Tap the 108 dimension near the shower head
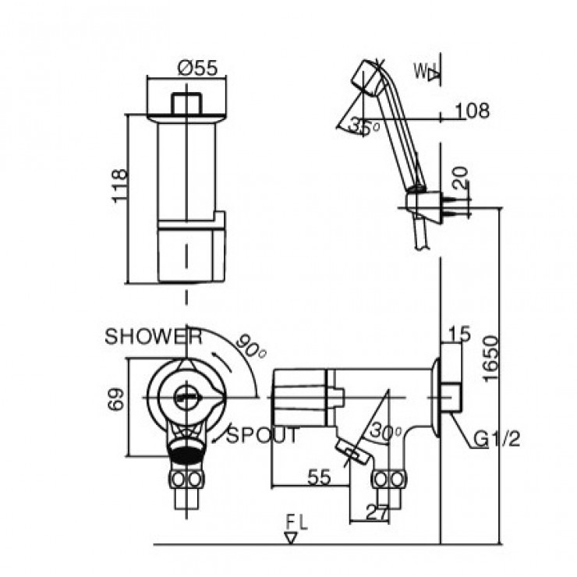click(x=473, y=112)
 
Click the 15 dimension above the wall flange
click(x=460, y=335)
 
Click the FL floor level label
click(x=296, y=521)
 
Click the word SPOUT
click(x=263, y=436)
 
